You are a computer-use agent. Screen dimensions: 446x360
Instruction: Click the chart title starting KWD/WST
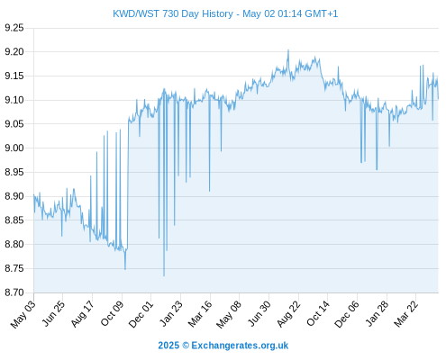coord(225,13)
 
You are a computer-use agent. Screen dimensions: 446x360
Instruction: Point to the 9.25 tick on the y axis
coord(14,28)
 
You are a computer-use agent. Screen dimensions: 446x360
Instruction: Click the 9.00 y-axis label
coord(14,148)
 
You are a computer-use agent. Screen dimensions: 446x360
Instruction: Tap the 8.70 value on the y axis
coord(14,292)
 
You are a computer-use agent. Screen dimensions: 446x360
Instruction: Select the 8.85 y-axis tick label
coord(14,220)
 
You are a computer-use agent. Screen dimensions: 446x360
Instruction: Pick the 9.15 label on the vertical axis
coord(14,76)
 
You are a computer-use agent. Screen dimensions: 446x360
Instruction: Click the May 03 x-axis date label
coord(23,314)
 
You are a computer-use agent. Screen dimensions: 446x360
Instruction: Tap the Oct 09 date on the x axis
coord(112,314)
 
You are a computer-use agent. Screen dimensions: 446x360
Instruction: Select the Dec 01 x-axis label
coord(141,314)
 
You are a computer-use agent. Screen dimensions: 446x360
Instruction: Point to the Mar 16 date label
coord(200,314)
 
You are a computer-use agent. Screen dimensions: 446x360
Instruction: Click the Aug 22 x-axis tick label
coord(288,314)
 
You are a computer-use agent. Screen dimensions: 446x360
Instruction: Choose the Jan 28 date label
coord(377,314)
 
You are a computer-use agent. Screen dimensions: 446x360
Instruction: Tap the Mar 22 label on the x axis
coord(405,314)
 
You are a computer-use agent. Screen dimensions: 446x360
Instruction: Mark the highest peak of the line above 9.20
coord(288,49)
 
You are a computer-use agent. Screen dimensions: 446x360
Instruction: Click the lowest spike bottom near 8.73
coord(164,275)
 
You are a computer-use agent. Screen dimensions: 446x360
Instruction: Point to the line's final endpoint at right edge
coord(439,98)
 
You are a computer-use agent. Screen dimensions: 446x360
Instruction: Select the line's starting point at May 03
coord(33,194)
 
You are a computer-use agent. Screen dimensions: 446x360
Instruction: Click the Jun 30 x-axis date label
coord(259,314)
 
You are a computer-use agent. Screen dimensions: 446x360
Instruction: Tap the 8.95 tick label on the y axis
coord(14,172)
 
